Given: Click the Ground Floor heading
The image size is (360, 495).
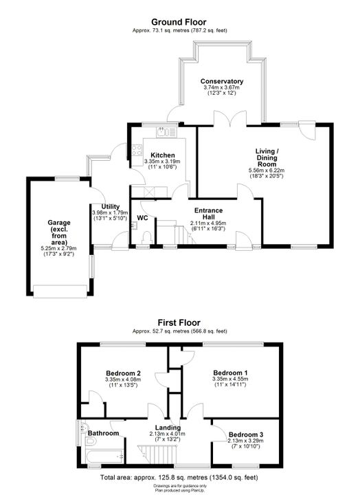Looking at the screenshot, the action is pyautogui.click(x=179, y=22).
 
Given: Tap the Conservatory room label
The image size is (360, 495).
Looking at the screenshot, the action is pyautogui.click(x=222, y=81).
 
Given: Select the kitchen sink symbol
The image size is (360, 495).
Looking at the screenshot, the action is pyautogui.click(x=166, y=132).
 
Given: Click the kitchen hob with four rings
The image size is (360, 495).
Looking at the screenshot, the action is pyautogui.click(x=137, y=150).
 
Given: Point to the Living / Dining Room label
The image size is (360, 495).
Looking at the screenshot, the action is pyautogui.click(x=267, y=157).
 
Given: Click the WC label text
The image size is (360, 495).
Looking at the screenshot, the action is pyautogui.click(x=142, y=218).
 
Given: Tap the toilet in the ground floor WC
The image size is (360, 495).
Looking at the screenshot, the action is pyautogui.click(x=147, y=237).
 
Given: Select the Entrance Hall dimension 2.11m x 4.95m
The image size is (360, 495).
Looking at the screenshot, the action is pyautogui.click(x=208, y=223).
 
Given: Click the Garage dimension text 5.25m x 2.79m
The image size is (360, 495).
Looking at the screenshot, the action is pyautogui.click(x=58, y=248).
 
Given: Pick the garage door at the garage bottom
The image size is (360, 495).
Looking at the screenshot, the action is pyautogui.click(x=60, y=291).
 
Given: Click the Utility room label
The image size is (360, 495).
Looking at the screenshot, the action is pyautogui.click(x=111, y=207).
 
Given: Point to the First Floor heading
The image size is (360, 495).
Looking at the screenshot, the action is pyautogui.click(x=179, y=322).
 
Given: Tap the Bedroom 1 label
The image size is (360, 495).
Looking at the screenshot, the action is pyautogui.click(x=230, y=373).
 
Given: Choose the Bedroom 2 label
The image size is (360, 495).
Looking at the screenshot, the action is pyautogui.click(x=123, y=373).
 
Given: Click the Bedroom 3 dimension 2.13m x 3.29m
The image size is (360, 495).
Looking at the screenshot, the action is pyautogui.click(x=245, y=441).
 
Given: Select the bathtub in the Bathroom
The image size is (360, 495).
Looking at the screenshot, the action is pyautogui.click(x=104, y=456).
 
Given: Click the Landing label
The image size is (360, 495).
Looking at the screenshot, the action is pyautogui.click(x=168, y=428).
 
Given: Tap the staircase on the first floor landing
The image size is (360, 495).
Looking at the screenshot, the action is pyautogui.click(x=157, y=454).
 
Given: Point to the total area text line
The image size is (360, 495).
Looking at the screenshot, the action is pyautogui.click(x=179, y=477).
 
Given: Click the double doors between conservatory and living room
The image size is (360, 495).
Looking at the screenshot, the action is pyautogui.click(x=230, y=118).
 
